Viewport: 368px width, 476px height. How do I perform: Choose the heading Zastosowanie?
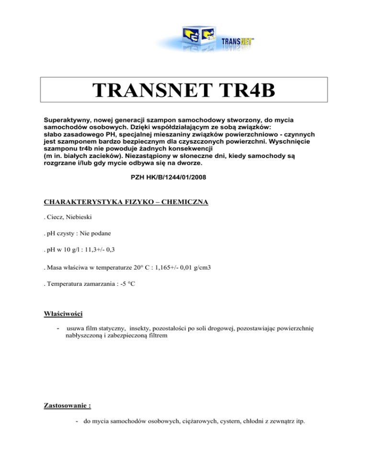(x=68, y=405)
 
